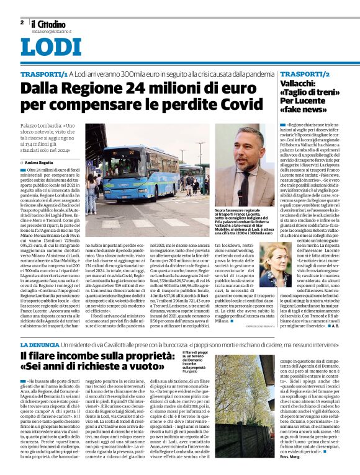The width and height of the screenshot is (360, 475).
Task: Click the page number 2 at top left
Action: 22,22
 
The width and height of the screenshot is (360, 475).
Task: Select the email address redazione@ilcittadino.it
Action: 52,30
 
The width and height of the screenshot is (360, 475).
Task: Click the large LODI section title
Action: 51,48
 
